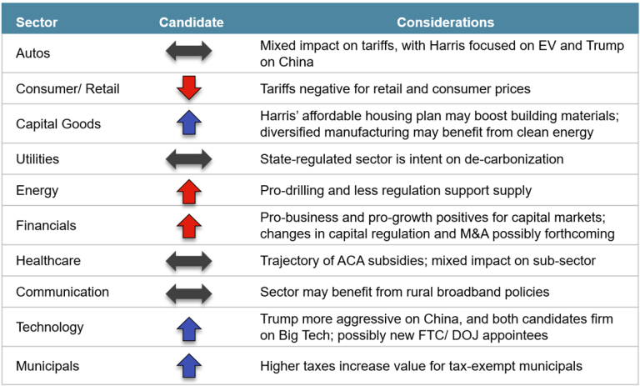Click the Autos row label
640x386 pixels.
click(x=33, y=53)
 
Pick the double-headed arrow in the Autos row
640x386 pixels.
click(x=189, y=53)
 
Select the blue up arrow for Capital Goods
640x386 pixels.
click(x=189, y=123)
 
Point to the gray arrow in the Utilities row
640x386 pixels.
click(x=189, y=158)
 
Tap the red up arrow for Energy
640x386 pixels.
click(x=189, y=191)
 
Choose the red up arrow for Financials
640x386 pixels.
click(x=189, y=225)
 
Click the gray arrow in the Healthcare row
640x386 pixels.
click(x=189, y=260)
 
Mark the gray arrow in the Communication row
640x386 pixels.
click(x=189, y=293)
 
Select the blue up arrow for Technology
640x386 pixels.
click(x=189, y=328)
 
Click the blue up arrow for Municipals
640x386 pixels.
click(x=189, y=364)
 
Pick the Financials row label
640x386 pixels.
click(x=46, y=225)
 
